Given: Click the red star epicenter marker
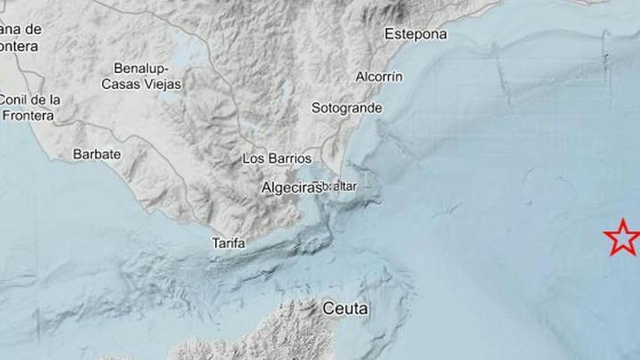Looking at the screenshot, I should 622,237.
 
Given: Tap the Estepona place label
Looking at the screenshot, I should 415,35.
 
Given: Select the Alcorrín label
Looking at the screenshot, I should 379,77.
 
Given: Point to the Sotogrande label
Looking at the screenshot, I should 347,108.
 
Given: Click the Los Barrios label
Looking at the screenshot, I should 277,158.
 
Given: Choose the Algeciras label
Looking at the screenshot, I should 291,188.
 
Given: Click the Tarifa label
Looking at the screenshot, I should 229,243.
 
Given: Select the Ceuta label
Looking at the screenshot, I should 346,308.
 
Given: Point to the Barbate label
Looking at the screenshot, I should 97,155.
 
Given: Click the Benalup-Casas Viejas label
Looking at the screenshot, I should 141,76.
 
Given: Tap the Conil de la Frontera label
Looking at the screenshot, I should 29,107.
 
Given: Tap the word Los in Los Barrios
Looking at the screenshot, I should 252,158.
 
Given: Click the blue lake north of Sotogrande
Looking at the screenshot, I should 287,91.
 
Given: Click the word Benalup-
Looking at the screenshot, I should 141,68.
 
